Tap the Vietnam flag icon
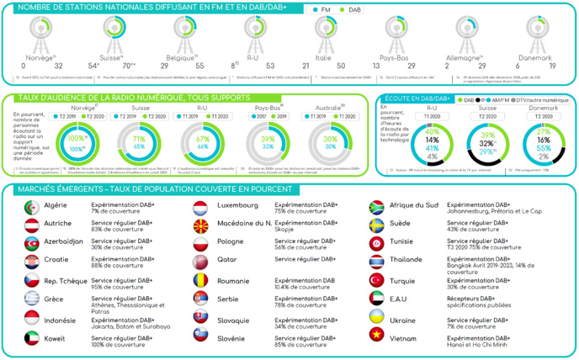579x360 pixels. [375, 337]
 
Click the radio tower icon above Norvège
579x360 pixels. [40, 29]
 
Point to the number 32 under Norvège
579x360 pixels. [58, 65]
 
